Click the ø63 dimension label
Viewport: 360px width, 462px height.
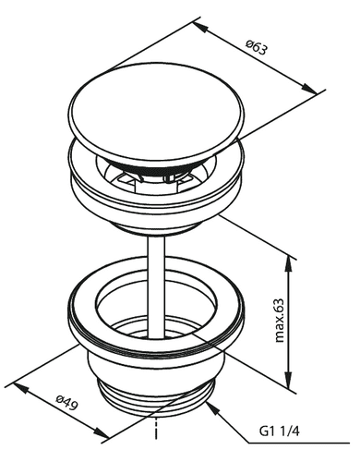pos(257,48)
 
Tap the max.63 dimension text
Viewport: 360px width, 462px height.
pos(279,321)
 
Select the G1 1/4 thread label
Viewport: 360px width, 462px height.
pos(279,432)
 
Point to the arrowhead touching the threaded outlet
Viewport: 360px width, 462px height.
pos(213,408)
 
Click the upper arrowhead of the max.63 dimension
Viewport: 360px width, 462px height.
pos(288,263)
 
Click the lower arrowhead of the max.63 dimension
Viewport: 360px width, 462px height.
pos(288,380)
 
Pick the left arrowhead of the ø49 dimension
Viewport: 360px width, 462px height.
pos(21,388)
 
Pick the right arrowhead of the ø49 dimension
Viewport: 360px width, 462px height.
pos(102,432)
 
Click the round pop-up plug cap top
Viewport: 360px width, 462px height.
pos(157,112)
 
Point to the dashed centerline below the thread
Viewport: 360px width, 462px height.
pos(157,429)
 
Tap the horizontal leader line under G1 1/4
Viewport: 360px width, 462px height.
pos(299,444)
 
